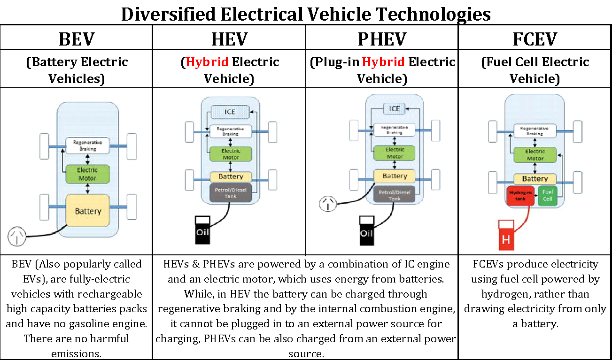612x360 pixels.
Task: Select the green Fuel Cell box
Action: pyautogui.click(x=548, y=196)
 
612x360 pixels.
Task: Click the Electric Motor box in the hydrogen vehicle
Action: pyautogui.click(x=535, y=155)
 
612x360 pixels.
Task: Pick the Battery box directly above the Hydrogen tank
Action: pyautogui.click(x=535, y=179)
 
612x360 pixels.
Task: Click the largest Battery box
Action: pyautogui.click(x=88, y=211)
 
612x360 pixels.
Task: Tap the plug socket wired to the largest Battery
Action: pyautogui.click(x=17, y=236)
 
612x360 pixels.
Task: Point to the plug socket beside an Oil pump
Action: pyautogui.click(x=328, y=204)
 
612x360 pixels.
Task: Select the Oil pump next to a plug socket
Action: pyautogui.click(x=366, y=230)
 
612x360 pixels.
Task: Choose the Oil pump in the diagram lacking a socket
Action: pyautogui.click(x=202, y=230)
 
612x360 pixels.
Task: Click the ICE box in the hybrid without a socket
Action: pyautogui.click(x=230, y=112)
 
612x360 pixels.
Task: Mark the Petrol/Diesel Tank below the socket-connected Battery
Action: pyautogui.click(x=395, y=195)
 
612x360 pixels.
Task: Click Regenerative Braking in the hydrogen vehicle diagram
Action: pyautogui.click(x=535, y=131)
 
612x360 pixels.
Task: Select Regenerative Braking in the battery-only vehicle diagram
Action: pyautogui.click(x=87, y=146)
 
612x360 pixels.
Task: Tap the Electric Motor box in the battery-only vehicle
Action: pyautogui.click(x=87, y=174)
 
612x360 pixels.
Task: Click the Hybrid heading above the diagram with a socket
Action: pyautogui.click(x=383, y=62)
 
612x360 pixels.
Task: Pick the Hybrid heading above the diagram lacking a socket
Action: pyautogui.click(x=207, y=62)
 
